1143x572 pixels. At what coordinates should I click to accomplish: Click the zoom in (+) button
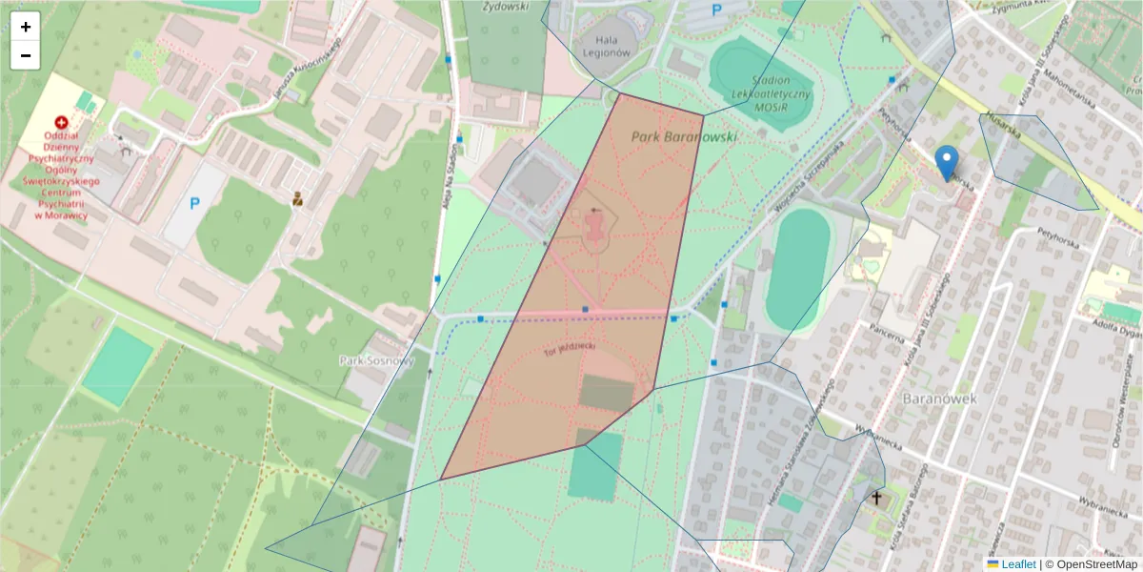pyautogui.click(x=26, y=27)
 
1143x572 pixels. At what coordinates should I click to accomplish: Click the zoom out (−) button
pyautogui.click(x=26, y=55)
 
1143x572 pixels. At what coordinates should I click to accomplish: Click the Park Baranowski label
pyautogui.click(x=684, y=137)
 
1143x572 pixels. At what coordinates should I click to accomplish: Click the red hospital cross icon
pyautogui.click(x=62, y=123)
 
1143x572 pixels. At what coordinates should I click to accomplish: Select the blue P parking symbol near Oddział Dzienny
pyautogui.click(x=194, y=203)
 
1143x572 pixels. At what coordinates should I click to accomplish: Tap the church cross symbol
pyautogui.click(x=876, y=498)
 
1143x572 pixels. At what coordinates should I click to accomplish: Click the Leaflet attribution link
pyautogui.click(x=1018, y=564)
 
